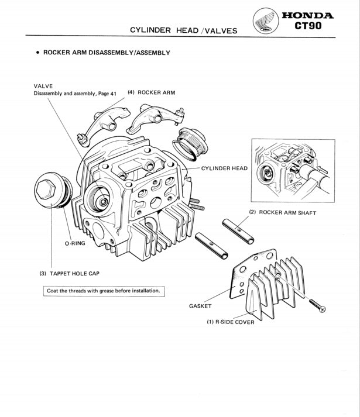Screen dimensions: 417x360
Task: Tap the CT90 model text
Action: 308,27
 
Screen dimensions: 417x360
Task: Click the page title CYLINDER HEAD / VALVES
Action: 183,30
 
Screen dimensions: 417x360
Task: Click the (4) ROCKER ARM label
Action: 151,92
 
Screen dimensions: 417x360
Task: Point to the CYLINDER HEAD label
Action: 224,168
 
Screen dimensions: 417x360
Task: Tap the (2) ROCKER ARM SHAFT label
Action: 282,212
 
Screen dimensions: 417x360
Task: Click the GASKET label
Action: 200,306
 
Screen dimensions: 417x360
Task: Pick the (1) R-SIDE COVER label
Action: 230,322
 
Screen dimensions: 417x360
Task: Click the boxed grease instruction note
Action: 104,291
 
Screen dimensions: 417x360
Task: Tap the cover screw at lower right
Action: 317,304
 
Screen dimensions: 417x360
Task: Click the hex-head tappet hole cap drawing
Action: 51,191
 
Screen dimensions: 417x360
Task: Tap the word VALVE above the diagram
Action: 43,86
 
